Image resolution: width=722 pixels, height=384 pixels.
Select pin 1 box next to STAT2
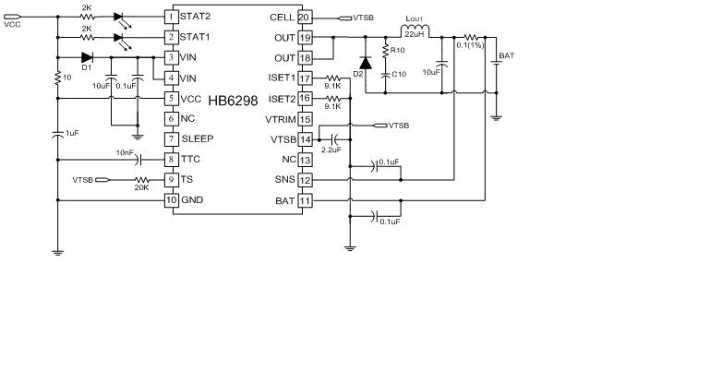click(x=171, y=17)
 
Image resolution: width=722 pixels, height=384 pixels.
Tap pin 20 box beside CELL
click(x=305, y=17)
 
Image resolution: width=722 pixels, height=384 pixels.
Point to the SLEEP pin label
click(x=197, y=138)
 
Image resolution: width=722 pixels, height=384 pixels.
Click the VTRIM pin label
click(x=279, y=119)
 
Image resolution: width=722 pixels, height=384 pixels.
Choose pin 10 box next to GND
click(x=171, y=199)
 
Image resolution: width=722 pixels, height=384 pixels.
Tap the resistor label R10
click(x=398, y=50)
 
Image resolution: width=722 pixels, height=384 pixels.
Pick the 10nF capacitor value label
click(x=125, y=151)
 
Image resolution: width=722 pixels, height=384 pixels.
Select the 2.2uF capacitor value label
click(x=331, y=149)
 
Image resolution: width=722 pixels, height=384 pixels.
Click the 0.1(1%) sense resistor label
click(x=471, y=46)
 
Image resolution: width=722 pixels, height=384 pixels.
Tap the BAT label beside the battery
click(x=507, y=56)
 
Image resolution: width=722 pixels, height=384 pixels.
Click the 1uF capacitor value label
click(x=72, y=133)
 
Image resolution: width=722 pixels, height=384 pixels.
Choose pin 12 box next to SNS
click(x=305, y=179)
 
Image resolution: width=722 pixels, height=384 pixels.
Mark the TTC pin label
click(x=190, y=159)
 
